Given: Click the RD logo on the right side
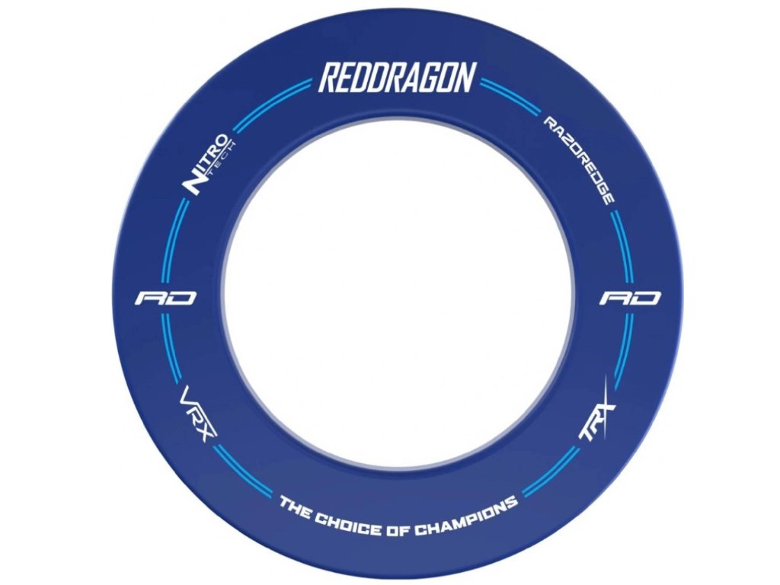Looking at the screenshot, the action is click(x=629, y=298).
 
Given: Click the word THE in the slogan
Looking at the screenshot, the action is click(x=296, y=507).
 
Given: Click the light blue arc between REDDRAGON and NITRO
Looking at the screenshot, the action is click(x=270, y=103).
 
